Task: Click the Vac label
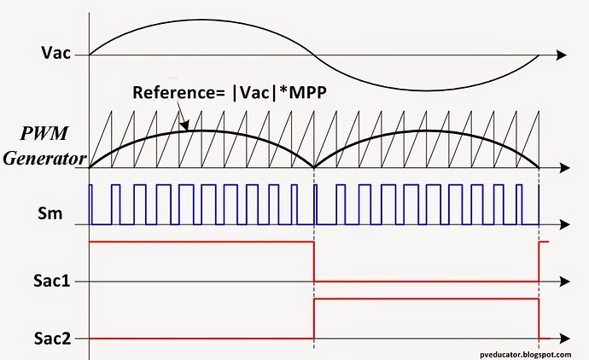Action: pos(56,53)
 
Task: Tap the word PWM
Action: pos(44,133)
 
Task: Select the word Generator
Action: pos(44,158)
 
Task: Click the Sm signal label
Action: pos(50,213)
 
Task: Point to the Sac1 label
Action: pos(52,281)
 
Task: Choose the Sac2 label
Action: pos(52,338)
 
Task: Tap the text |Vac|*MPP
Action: pos(279,92)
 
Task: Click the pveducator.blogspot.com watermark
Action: pos(525,354)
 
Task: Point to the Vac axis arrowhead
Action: pos(561,55)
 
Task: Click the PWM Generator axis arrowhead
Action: pos(564,168)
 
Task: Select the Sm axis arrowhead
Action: pos(564,225)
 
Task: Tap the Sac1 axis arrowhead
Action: pos(564,282)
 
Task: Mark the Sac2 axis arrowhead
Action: pos(564,339)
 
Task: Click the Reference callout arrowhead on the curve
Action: pos(185,125)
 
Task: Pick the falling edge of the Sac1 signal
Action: pos(314,262)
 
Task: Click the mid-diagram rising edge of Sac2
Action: pos(314,319)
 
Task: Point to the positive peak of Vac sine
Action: pos(201,20)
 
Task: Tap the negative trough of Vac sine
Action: pos(427,90)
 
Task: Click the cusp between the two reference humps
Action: pos(314,167)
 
